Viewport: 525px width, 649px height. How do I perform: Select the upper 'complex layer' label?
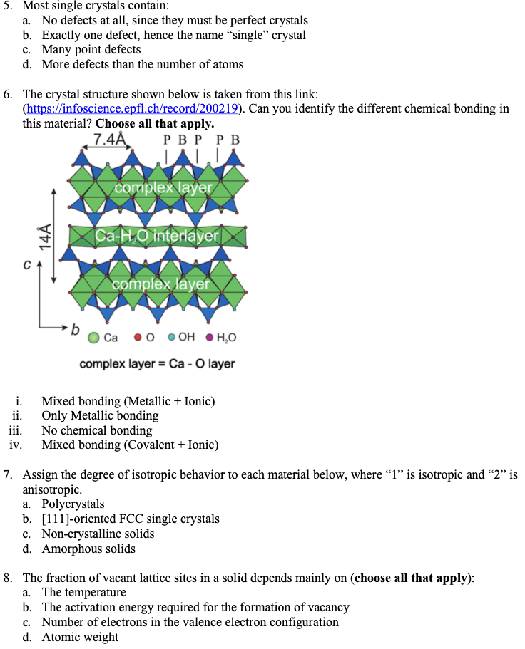[163, 187]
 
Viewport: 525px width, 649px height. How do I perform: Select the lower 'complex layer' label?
[160, 284]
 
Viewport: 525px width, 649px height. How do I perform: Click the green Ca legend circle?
[93, 338]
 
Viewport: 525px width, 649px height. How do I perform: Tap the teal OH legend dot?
[172, 338]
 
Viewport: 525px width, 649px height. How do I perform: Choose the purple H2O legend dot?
[210, 338]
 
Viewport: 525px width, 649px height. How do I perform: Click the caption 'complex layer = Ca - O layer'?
[157, 364]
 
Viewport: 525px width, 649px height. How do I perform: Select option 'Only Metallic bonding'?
[100, 415]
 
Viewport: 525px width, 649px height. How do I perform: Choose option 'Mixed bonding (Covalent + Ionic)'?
[130, 445]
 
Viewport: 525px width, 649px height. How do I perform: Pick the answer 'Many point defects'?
[91, 49]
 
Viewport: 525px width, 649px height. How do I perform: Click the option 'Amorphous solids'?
[88, 549]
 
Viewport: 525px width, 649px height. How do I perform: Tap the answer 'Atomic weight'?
[80, 637]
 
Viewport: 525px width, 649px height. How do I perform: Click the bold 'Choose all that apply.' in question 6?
[155, 123]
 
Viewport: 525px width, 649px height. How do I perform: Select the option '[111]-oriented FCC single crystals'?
[131, 519]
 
